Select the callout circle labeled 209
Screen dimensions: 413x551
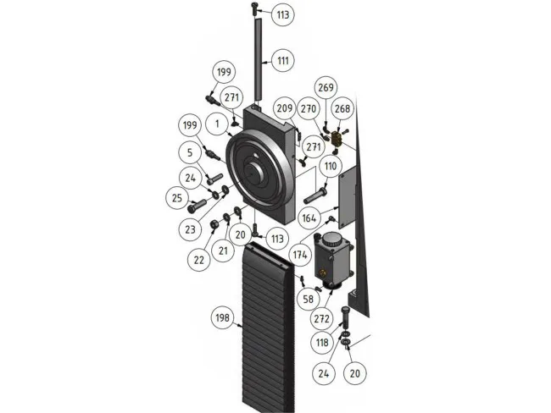point(284,108)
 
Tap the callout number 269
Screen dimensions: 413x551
point(326,88)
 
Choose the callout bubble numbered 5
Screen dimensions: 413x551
point(191,152)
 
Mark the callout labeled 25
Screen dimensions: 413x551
point(177,198)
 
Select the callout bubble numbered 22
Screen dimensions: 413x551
point(199,260)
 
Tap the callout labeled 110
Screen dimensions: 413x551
point(331,168)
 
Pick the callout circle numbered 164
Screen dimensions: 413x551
point(309,218)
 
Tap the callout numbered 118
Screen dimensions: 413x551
point(322,343)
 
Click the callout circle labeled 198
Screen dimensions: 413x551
point(222,317)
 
